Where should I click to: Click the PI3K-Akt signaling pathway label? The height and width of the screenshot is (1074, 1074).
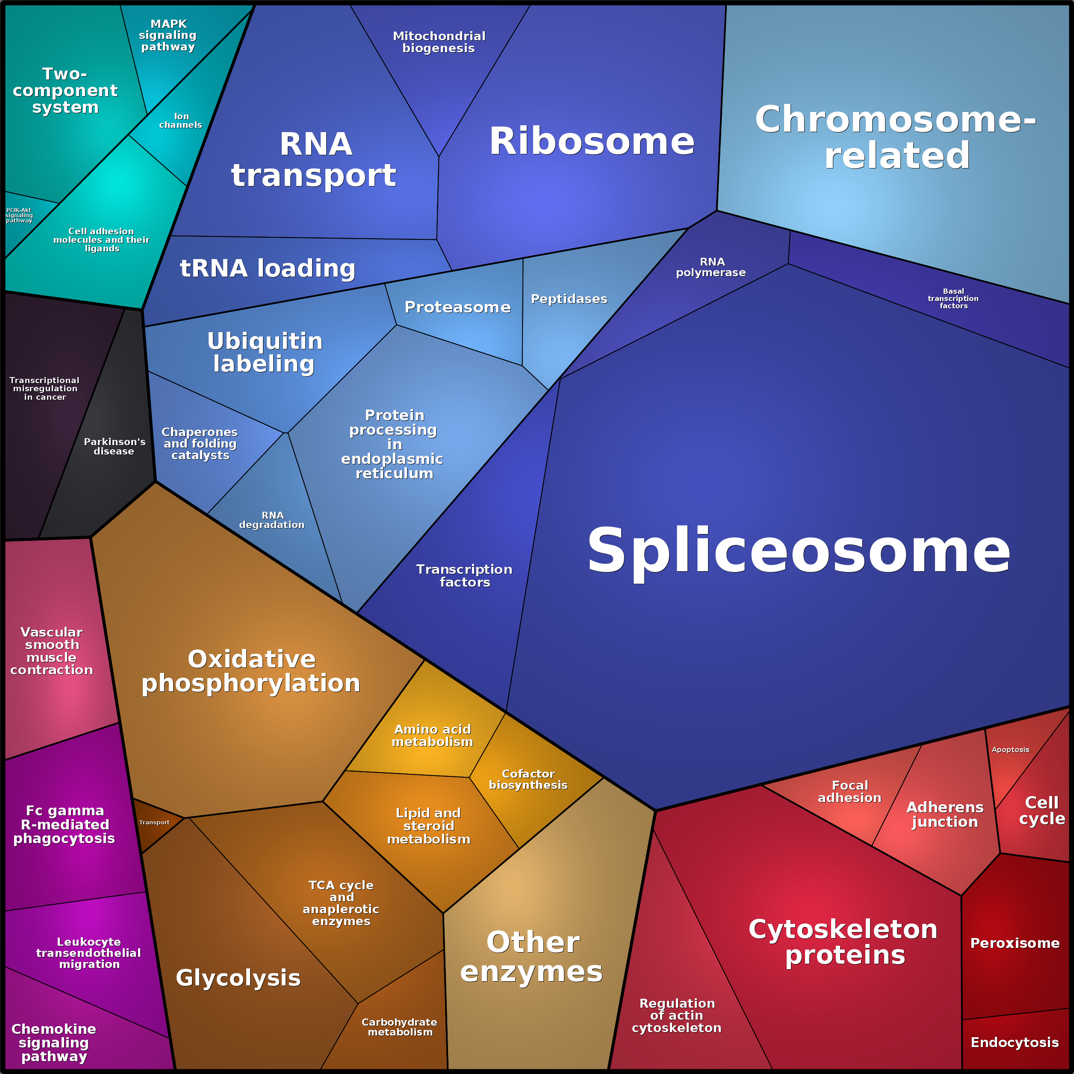[19, 215]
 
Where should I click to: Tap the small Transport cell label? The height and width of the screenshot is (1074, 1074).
[154, 822]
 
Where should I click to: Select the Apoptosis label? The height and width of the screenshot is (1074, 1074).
[1010, 749]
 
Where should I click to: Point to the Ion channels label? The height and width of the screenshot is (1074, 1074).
[181, 121]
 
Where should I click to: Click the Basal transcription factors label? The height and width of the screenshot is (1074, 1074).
[953, 298]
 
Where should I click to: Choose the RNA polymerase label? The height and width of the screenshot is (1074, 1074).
[711, 267]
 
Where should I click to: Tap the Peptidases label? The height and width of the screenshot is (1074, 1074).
[569, 299]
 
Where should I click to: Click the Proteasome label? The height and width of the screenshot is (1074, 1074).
[457, 307]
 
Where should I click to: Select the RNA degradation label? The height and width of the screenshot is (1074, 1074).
[272, 520]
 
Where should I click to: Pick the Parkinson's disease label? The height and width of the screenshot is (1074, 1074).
[115, 446]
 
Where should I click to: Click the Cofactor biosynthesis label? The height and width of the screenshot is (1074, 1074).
[528, 779]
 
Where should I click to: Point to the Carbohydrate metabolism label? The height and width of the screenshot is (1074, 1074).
[399, 1027]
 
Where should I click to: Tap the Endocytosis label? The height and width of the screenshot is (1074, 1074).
[1015, 1042]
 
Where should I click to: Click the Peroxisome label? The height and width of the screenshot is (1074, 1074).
[1015, 943]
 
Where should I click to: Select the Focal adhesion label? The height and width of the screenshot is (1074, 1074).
[850, 791]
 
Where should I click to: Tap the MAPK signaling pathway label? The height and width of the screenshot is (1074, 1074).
[168, 35]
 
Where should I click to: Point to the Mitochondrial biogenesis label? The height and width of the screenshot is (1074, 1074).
[439, 42]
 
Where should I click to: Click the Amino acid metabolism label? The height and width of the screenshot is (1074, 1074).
[433, 735]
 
